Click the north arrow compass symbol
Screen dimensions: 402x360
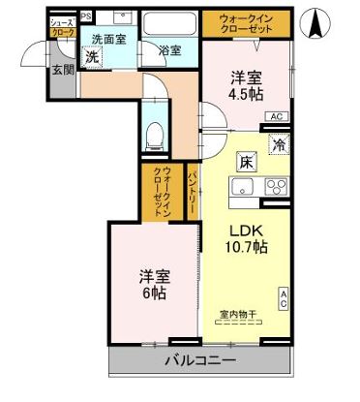click(x=316, y=23)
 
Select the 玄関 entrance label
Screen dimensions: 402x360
click(x=62, y=70)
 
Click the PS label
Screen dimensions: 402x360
click(x=86, y=16)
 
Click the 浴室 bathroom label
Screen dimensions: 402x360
click(x=168, y=50)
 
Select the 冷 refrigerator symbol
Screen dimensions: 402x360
click(x=279, y=146)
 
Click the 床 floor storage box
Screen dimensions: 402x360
click(x=246, y=161)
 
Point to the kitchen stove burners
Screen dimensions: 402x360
click(x=276, y=186)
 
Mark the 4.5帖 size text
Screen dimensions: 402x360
click(x=246, y=96)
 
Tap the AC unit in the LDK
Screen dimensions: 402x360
click(x=284, y=298)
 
